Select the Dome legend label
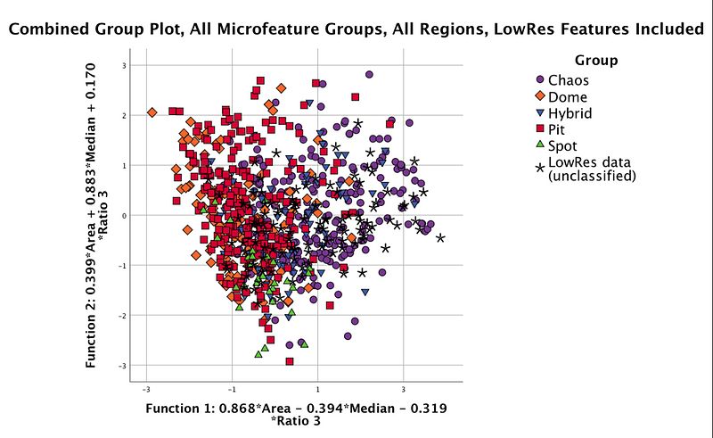pyautogui.click(x=568, y=97)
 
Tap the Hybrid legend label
pyautogui.click(x=570, y=113)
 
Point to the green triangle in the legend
pyautogui.click(x=539, y=145)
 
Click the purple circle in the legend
pyautogui.click(x=539, y=81)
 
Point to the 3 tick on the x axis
pyautogui.click(x=404, y=389)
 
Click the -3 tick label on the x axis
pyautogui.click(x=145, y=389)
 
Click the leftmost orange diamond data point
pyautogui.click(x=152, y=112)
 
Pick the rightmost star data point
pyautogui.click(x=440, y=237)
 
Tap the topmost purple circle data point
pyautogui.click(x=369, y=75)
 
